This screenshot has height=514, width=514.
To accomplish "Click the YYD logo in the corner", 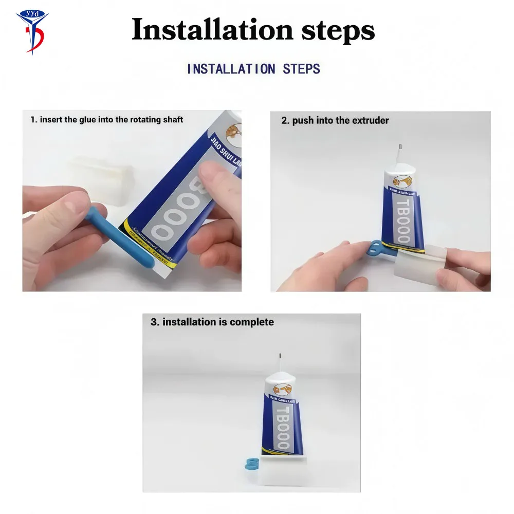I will click(31, 30).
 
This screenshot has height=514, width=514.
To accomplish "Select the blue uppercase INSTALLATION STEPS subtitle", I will click(253, 69).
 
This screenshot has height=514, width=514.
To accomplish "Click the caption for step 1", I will click(106, 120).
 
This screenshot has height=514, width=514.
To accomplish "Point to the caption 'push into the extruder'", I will click(335, 121).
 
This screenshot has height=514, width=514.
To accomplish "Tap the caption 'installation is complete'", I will click(212, 322).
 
